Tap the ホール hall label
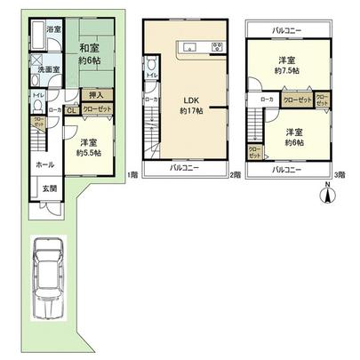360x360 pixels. [44, 164]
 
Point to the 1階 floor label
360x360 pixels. [130, 174]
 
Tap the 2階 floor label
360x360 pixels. [235, 174]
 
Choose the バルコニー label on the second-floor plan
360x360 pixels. [185, 168]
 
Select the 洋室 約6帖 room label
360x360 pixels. [294, 136]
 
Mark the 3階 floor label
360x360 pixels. [338, 174]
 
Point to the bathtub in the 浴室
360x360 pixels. [35, 37]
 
